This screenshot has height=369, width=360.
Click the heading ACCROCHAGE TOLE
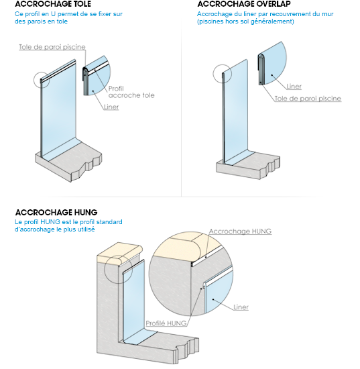(x=53, y=4)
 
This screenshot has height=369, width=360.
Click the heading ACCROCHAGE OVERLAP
(x=244, y=4)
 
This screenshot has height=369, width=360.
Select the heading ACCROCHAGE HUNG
(x=56, y=213)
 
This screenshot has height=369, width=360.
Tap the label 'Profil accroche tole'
(x=131, y=92)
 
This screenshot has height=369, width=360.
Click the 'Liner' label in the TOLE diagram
(x=111, y=107)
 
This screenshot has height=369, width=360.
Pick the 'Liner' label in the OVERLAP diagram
(x=294, y=87)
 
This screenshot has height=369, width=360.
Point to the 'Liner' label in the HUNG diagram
(x=241, y=307)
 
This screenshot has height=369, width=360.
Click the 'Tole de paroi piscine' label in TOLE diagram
(x=52, y=47)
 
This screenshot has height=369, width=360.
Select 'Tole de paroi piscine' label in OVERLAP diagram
(x=308, y=99)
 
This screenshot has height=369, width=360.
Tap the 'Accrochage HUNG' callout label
(x=240, y=231)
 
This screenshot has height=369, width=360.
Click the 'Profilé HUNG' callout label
(x=166, y=323)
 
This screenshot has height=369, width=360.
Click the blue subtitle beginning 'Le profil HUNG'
(x=68, y=225)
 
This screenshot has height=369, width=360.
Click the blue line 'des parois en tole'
(x=41, y=21)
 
